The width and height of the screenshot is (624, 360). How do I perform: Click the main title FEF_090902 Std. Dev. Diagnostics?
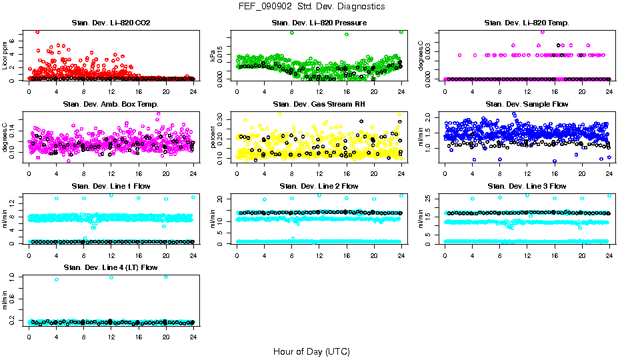pyautogui.click(x=311, y=7)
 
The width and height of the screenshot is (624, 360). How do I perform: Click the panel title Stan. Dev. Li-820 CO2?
pyautogui.click(x=111, y=23)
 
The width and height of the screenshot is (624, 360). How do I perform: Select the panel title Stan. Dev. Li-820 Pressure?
pyautogui.click(x=319, y=23)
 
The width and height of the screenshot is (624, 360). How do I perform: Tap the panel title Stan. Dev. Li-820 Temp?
pyautogui.click(x=527, y=23)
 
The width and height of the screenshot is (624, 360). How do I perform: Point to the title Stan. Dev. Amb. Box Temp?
pyautogui.click(x=111, y=105)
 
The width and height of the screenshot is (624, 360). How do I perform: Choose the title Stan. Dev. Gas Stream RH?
pyautogui.click(x=319, y=105)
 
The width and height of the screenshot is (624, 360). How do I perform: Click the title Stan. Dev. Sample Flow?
pyautogui.click(x=527, y=105)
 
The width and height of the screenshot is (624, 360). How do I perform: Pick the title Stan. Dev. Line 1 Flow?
pyautogui.click(x=111, y=186)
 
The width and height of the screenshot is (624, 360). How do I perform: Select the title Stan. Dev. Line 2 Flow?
pyautogui.click(x=319, y=186)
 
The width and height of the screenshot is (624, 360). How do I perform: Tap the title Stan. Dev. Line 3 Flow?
pyautogui.click(x=527, y=186)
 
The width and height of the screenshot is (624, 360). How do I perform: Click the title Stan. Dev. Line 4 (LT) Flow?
pyautogui.click(x=111, y=267)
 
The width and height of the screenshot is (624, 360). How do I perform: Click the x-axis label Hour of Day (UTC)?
pyautogui.click(x=311, y=351)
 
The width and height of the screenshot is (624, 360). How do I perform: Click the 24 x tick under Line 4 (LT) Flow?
pyautogui.click(x=193, y=337)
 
